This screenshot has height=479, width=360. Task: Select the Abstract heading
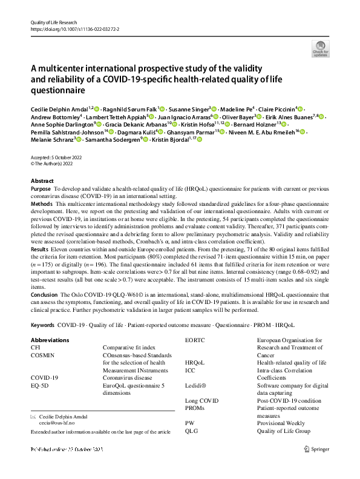(x=42, y=181)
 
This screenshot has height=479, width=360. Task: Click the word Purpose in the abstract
(x=41, y=189)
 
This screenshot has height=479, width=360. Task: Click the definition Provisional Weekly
(x=283, y=423)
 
